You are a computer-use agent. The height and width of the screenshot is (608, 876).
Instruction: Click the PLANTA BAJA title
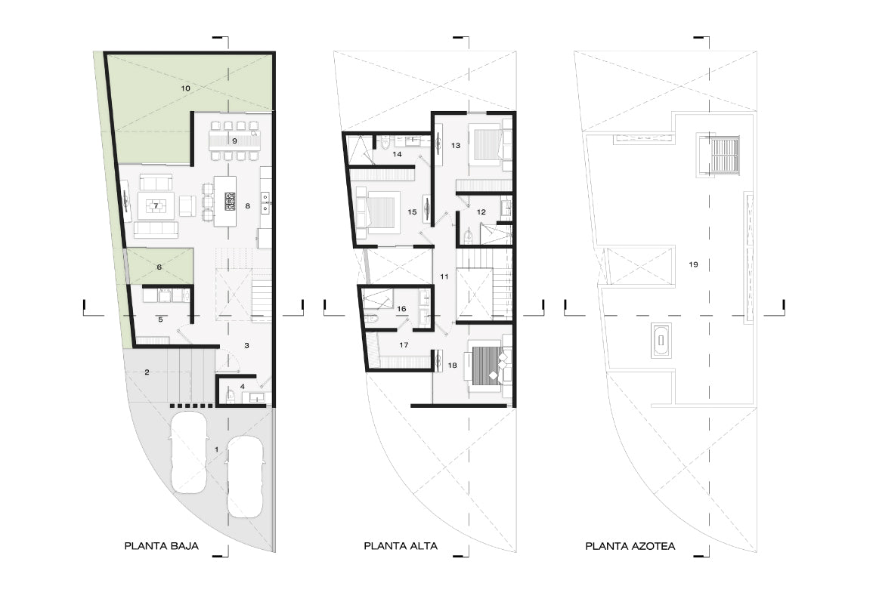162,546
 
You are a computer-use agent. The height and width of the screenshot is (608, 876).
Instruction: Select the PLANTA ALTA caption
401,546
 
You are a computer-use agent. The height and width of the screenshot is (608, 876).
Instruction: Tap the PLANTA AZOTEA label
630,546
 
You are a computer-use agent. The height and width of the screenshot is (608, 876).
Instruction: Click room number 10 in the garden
185,88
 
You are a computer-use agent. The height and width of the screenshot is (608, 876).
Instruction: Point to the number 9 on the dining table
234,140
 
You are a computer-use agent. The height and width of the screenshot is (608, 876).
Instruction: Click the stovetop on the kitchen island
231,201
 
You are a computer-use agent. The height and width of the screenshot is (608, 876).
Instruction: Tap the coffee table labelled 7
156,206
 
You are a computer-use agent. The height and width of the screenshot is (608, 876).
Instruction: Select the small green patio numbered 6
160,267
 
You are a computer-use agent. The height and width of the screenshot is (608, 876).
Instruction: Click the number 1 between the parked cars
217,449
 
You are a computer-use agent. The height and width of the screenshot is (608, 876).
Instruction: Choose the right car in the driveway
245,477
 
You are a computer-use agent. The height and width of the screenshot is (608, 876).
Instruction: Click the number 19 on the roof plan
693,264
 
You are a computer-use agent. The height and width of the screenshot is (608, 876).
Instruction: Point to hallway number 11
444,276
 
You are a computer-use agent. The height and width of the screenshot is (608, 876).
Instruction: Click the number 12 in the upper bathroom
481,212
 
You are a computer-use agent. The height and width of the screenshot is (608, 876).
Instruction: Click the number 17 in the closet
404,345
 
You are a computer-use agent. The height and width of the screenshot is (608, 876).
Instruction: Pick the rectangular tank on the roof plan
661,340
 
